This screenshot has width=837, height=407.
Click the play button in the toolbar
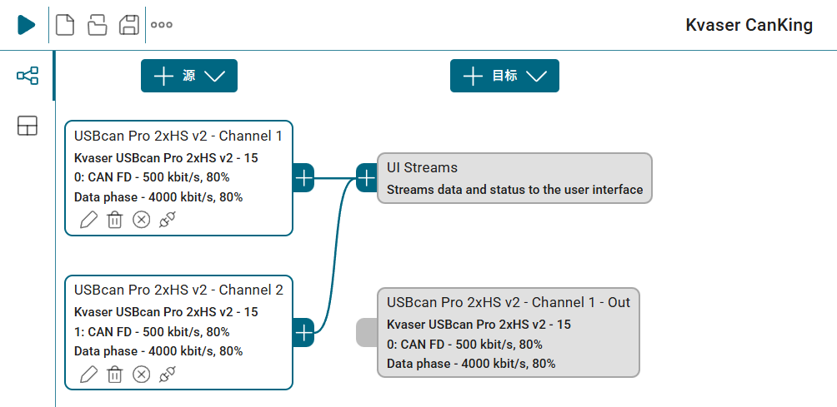[x=26, y=24]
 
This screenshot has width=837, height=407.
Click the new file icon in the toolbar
[x=65, y=24]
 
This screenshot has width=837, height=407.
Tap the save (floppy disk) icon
[x=128, y=24]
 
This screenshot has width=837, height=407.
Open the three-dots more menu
[x=162, y=24]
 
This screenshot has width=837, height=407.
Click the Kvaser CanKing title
[x=749, y=25]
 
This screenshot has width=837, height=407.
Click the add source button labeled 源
[x=189, y=76]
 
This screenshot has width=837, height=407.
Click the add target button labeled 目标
[x=504, y=76]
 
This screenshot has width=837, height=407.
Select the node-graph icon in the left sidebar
[x=28, y=76]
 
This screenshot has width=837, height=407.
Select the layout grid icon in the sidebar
[x=28, y=126]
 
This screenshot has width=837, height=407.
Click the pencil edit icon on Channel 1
[x=88, y=220]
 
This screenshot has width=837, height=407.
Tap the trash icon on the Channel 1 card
[x=115, y=220]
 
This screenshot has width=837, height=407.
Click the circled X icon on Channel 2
[x=142, y=374]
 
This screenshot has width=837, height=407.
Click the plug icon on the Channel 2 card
[x=168, y=374]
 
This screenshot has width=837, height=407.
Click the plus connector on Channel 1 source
[x=303, y=178]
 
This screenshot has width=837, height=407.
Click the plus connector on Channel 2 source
[x=303, y=333]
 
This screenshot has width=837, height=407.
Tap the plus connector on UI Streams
[x=367, y=178]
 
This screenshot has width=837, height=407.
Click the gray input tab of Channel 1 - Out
[x=367, y=332]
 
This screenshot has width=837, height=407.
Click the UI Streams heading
[x=422, y=167]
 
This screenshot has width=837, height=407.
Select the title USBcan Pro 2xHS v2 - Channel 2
[x=179, y=290]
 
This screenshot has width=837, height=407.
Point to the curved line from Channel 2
[x=335, y=256]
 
